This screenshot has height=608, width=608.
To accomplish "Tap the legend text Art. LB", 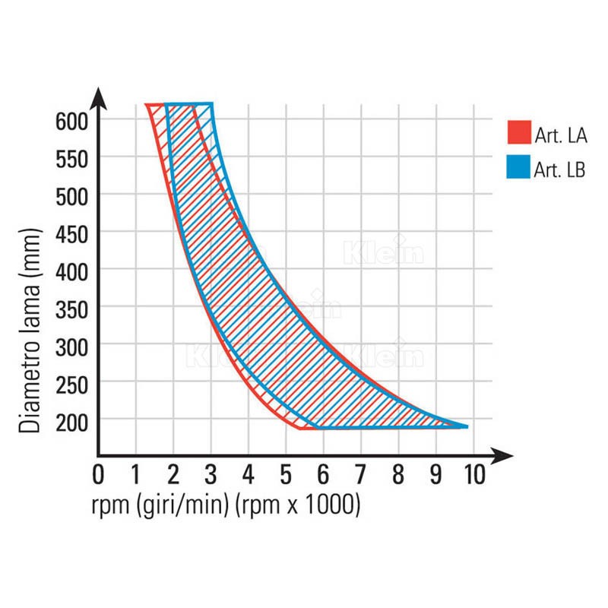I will pyautogui.click(x=558, y=170).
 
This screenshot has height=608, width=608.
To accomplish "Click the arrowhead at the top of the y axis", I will pyautogui.click(x=99, y=97).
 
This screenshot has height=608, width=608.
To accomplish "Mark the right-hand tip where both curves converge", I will pyautogui.click(x=467, y=426).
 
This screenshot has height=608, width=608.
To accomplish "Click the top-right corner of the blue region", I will pyautogui.click(x=211, y=104).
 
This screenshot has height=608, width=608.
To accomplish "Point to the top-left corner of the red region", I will pyautogui.click(x=147, y=105).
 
